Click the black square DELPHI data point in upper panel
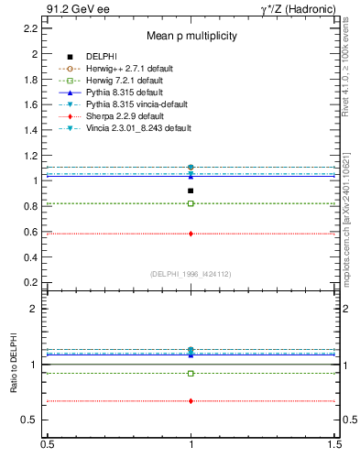(191, 191)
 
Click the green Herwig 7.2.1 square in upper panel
(191, 203)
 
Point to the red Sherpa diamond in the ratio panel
(191, 401)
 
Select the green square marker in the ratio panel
(191, 373)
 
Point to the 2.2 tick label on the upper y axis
(31, 28)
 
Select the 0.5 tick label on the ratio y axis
(31, 420)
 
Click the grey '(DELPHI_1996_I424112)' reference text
(190, 273)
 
